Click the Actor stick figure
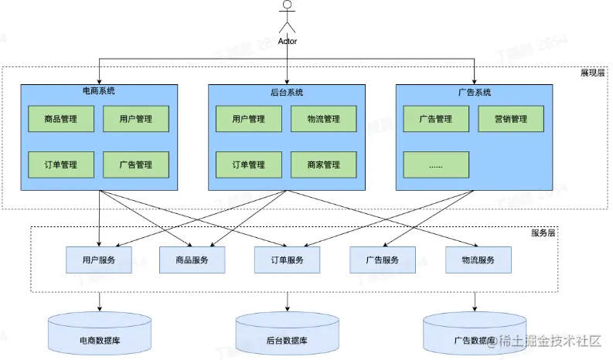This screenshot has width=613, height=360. coord(287,17)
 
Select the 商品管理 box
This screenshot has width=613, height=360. coord(61,119)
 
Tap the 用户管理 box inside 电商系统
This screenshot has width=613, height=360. coord(135,119)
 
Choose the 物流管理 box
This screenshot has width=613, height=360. coord(323,119)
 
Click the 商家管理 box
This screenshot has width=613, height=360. coord(323,165)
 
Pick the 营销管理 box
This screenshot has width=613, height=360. coord(510,119)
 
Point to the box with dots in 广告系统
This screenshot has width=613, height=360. coord(435,165)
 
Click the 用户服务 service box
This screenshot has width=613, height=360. coord(99,260)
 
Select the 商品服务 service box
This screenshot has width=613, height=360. coord(192,260)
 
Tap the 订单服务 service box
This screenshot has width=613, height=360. coord(287,260)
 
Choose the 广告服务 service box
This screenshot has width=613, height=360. coord(383,260)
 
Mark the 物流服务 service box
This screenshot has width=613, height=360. coord(477,260)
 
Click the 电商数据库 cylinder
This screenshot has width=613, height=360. coord(99,334)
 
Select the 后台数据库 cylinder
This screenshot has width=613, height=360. coord(287,334)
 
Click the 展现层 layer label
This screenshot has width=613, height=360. coord(593,73)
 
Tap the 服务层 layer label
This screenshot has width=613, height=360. coord(544,233)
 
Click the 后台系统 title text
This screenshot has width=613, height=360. coord(288,91)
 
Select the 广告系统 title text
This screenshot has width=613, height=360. coord(475,91)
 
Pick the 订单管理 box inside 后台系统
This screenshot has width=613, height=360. coord(248,165)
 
